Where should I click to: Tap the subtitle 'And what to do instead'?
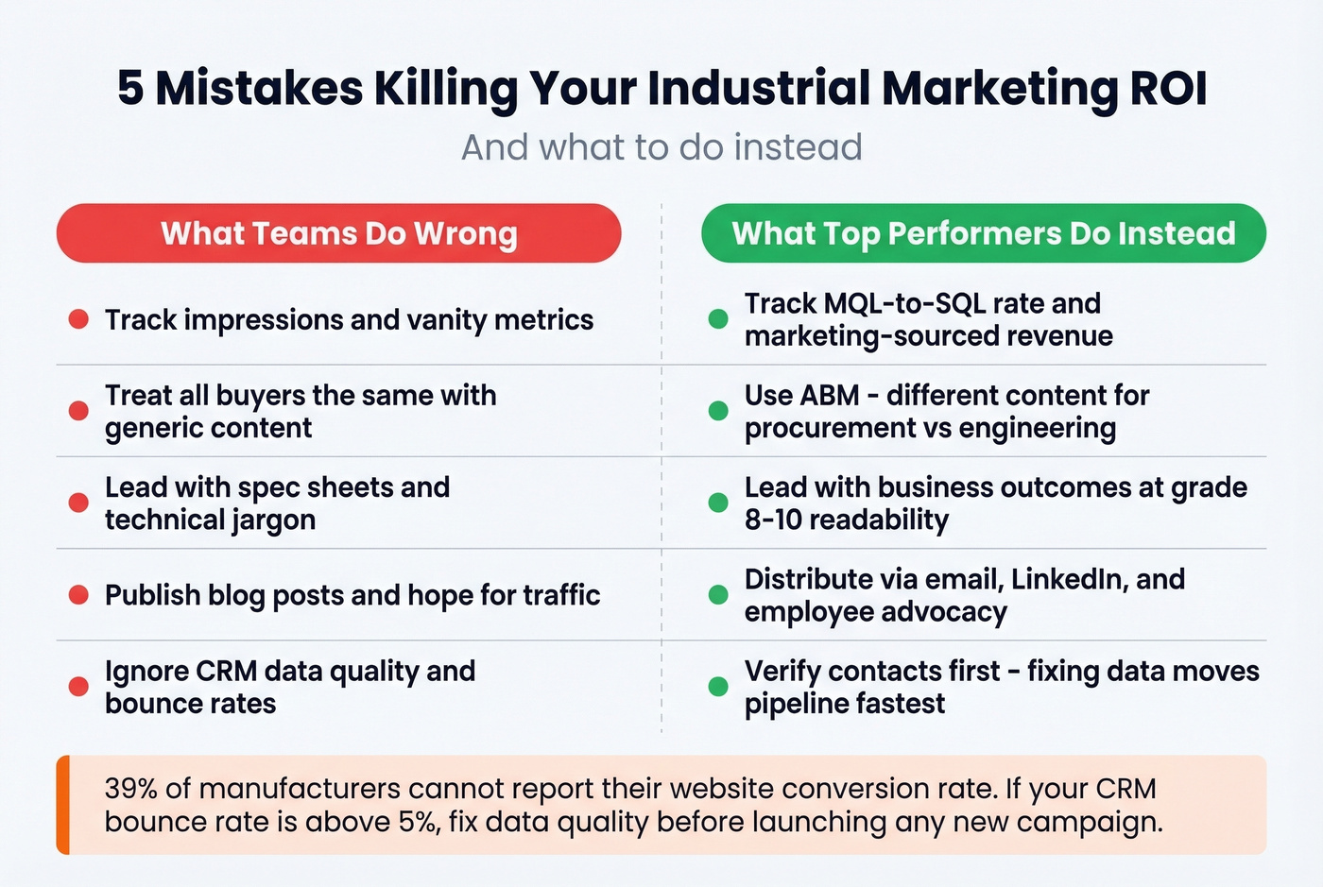tap(661, 147)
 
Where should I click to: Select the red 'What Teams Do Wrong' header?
tap(338, 233)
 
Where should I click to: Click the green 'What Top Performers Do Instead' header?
tap(983, 233)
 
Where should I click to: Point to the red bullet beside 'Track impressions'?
tap(78, 319)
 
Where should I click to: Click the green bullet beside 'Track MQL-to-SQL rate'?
tap(718, 319)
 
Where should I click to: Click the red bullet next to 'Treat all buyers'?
tap(78, 411)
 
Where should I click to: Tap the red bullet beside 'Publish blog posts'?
tap(78, 595)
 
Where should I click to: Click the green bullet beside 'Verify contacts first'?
tap(718, 687)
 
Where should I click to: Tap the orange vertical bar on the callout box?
tap(63, 805)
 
